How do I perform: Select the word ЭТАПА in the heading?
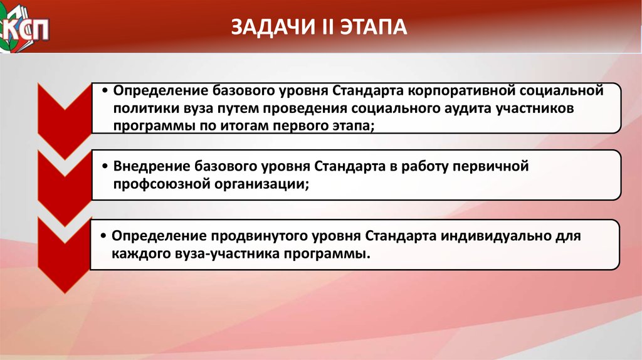click(x=374, y=28)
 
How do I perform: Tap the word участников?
click(x=535, y=109)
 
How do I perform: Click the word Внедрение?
click(x=150, y=167)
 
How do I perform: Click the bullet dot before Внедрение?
click(x=105, y=167)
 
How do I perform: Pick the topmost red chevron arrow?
click(x=65, y=121)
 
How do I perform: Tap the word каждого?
click(x=140, y=254)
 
